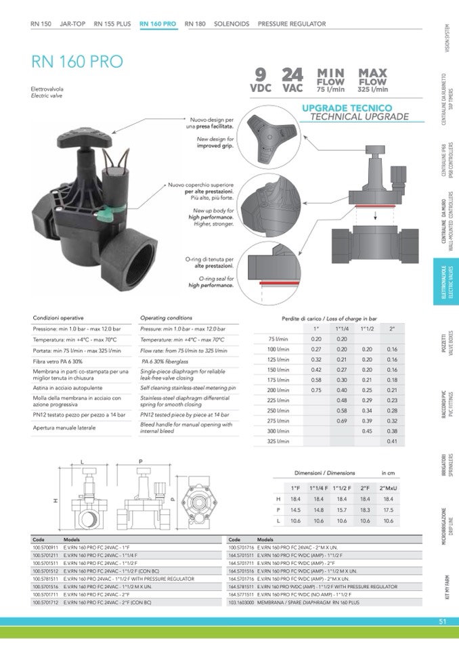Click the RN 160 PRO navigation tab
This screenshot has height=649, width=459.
(x=158, y=24)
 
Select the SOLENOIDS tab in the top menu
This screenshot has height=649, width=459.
(x=232, y=24)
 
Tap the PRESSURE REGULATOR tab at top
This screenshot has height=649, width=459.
(x=292, y=24)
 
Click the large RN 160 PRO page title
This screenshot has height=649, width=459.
(x=76, y=62)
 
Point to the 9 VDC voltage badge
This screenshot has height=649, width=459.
(x=261, y=79)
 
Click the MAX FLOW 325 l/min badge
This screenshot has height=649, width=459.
(x=372, y=80)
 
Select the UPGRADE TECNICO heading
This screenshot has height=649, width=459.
(x=347, y=108)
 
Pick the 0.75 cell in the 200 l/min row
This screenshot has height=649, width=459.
(x=315, y=390)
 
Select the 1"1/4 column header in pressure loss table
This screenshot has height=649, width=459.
(x=342, y=329)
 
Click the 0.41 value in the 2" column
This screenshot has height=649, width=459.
(x=391, y=442)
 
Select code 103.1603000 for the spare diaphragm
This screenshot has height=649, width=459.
(x=241, y=602)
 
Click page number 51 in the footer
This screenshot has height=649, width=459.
(x=442, y=622)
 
